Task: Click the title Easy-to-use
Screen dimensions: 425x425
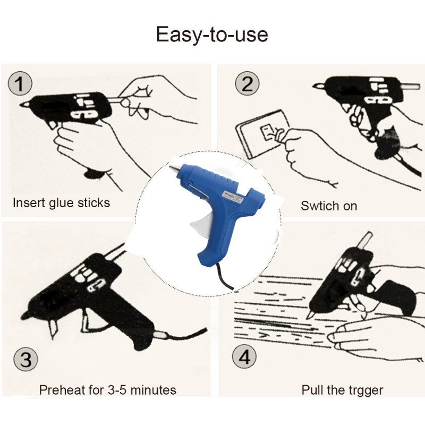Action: (212, 35)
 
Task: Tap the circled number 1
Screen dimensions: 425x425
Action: (20, 83)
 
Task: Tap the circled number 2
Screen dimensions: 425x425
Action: (247, 84)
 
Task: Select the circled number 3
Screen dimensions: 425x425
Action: (25, 359)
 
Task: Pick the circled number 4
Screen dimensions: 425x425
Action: (244, 358)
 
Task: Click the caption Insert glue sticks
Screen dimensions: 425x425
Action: (62, 203)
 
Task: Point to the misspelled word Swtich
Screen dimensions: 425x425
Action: (316, 206)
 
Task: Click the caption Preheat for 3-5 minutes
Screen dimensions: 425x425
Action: (108, 390)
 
